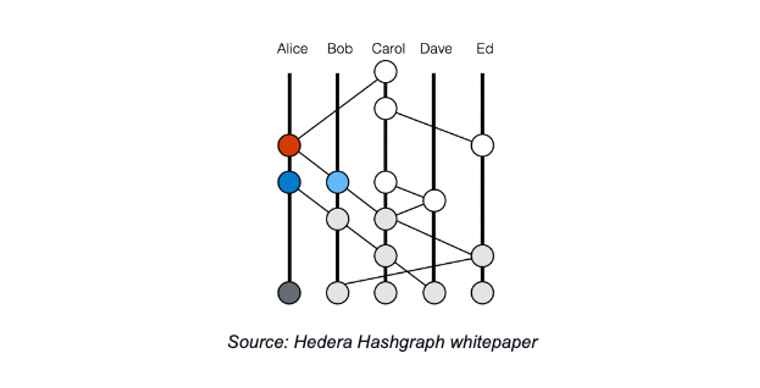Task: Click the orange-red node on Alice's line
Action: click(289, 145)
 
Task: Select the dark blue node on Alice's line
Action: click(289, 182)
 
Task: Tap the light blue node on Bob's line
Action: click(337, 182)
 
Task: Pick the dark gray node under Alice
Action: click(289, 293)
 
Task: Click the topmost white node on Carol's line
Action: click(386, 71)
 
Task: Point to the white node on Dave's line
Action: click(434, 201)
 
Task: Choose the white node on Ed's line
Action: click(483, 145)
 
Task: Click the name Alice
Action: click(292, 49)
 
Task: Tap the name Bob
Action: click(340, 49)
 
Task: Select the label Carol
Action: click(388, 49)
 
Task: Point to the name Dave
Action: click(436, 49)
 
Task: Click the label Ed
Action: click(485, 49)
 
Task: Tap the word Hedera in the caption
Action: click(323, 342)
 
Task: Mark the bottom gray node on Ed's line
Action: click(483, 293)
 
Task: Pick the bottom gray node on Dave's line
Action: click(434, 293)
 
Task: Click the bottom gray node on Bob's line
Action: click(337, 293)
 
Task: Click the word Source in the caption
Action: click(258, 342)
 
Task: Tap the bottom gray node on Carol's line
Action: click(386, 293)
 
